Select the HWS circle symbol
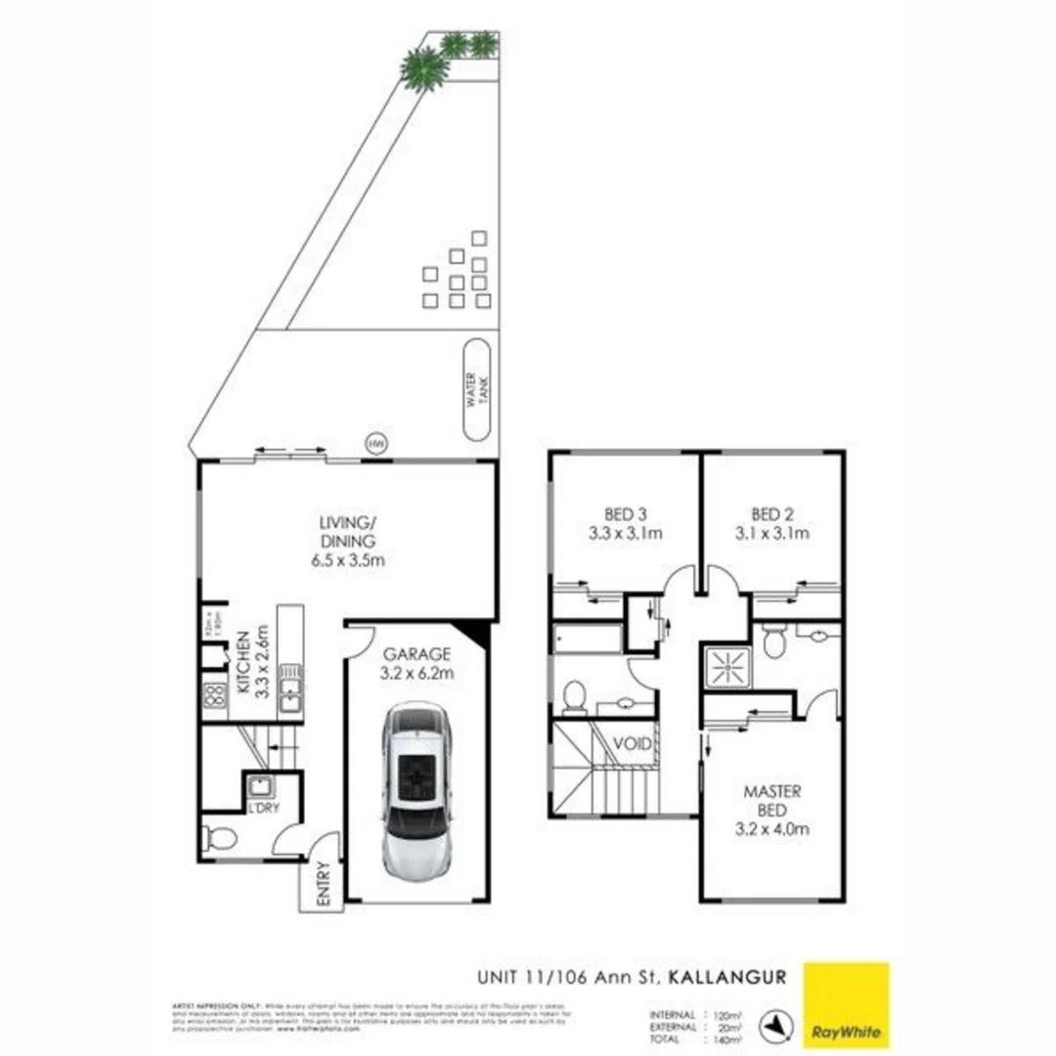pos(374,443)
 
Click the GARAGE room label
pos(417,654)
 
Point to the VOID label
pos(633,744)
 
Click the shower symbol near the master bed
pos(727,667)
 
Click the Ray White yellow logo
pos(846,1005)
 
